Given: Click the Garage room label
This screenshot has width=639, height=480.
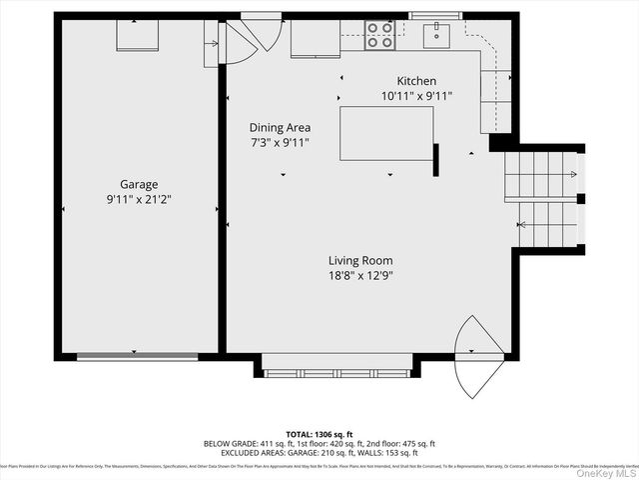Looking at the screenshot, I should (x=140, y=184).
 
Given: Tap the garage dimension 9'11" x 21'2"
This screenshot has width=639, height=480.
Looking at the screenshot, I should (x=140, y=198).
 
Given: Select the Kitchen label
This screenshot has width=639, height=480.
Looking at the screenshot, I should (x=416, y=81).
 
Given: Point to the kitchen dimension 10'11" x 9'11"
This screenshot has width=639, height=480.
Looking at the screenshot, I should (x=416, y=96).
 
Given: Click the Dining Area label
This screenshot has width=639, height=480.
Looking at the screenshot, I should (x=280, y=127).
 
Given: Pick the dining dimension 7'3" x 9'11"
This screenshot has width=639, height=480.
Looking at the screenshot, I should (x=280, y=142).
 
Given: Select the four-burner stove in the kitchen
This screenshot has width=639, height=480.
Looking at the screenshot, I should (x=379, y=35).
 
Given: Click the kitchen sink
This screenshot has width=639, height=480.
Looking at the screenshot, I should (x=436, y=36).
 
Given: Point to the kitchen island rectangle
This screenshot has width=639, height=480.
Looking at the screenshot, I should (x=386, y=133).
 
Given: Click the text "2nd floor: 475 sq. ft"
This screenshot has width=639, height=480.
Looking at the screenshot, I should (x=394, y=443).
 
